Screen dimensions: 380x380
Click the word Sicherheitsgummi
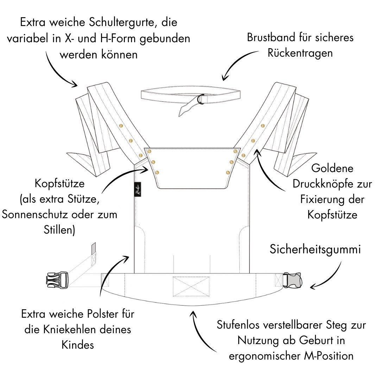coord(315,250)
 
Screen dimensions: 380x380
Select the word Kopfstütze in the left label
coord(60,184)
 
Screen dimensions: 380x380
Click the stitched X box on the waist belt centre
coord(191,286)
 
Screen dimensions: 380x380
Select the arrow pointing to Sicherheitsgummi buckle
coord(327,278)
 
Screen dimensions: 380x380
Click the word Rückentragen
coord(300,53)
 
